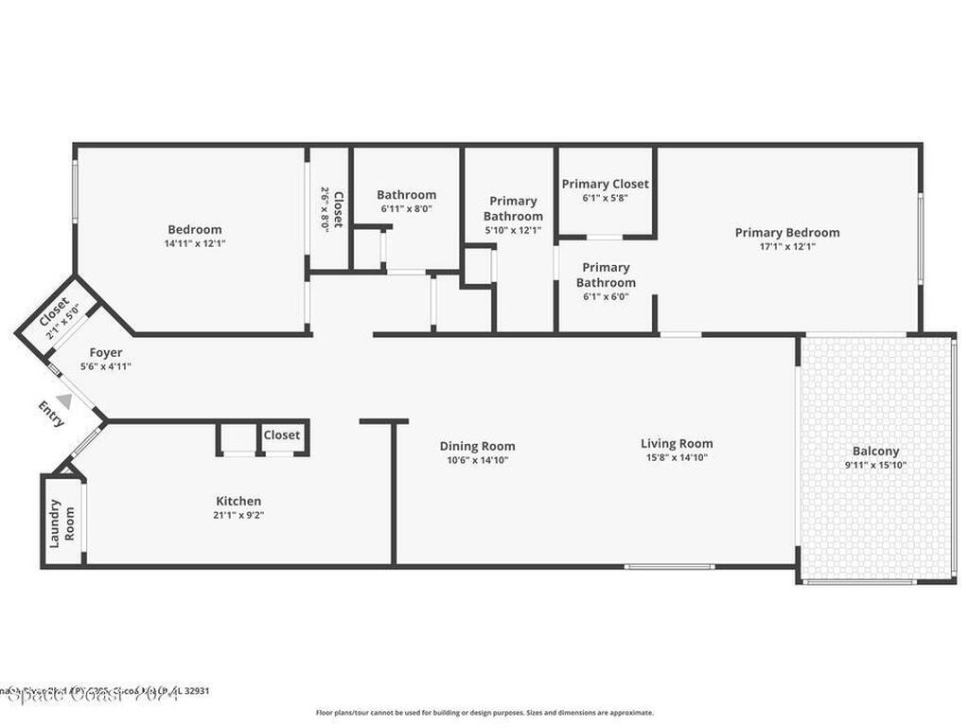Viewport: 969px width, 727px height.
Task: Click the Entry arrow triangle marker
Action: click(x=63, y=401)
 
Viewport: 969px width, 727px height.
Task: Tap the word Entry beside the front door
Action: click(x=51, y=414)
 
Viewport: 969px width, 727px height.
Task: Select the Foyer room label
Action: click(x=105, y=352)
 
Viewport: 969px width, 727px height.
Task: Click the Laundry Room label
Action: click(x=62, y=523)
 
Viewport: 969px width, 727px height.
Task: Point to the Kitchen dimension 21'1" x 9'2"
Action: click(x=238, y=515)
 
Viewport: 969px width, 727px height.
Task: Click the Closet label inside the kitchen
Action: click(x=282, y=435)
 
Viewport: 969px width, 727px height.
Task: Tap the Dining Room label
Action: click(x=477, y=446)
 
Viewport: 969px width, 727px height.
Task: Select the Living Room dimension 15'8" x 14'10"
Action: click(x=677, y=457)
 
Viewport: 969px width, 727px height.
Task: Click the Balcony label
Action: click(x=875, y=452)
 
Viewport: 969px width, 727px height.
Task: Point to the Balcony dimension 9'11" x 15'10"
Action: click(x=875, y=465)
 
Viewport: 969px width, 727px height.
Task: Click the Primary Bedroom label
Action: click(x=787, y=233)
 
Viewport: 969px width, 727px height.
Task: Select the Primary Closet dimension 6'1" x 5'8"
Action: click(x=606, y=198)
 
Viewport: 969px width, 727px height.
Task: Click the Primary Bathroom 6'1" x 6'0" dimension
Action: click(x=606, y=296)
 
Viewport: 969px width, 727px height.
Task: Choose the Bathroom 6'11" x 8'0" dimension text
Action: click(x=407, y=208)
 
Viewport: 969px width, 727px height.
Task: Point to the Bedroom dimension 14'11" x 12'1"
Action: click(x=195, y=243)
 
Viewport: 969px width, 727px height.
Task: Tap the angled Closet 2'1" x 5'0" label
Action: click(x=58, y=313)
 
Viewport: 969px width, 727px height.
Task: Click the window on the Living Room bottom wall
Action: click(x=669, y=566)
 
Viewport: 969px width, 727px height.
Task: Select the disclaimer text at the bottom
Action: click(x=484, y=713)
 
